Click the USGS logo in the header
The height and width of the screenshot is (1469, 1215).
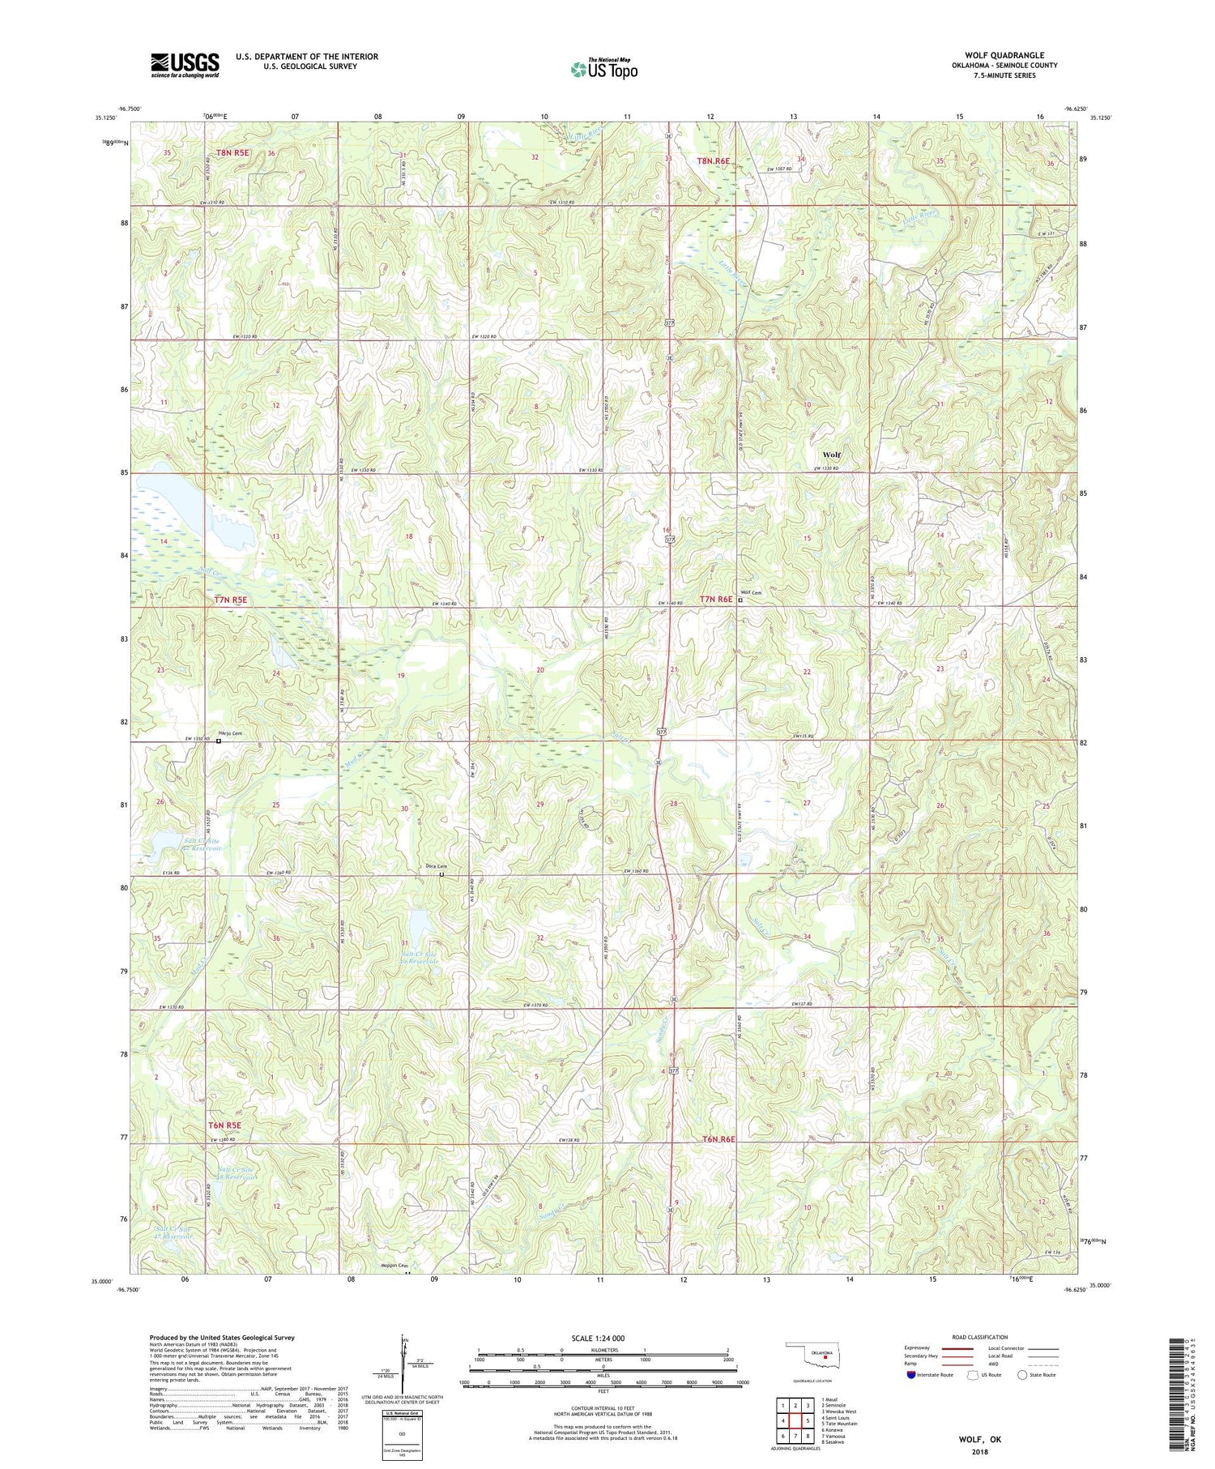pyautogui.click(x=184, y=65)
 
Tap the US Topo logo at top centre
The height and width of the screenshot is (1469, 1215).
pyautogui.click(x=603, y=70)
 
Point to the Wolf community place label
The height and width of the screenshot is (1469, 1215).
pyautogui.click(x=831, y=455)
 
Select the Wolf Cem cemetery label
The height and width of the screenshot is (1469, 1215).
pyautogui.click(x=751, y=592)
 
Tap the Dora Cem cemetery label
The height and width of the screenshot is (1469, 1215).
pyautogui.click(x=437, y=867)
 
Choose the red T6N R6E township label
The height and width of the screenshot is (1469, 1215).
pyautogui.click(x=718, y=1139)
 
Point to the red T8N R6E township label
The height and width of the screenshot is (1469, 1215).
pyautogui.click(x=714, y=160)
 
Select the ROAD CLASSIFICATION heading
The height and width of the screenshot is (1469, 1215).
pyautogui.click(x=980, y=1337)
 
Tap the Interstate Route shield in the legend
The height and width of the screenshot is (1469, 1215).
pyautogui.click(x=911, y=1374)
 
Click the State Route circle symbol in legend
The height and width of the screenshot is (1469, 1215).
pyautogui.click(x=1022, y=1374)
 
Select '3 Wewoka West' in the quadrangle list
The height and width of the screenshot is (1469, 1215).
pyautogui.click(x=838, y=1411)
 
